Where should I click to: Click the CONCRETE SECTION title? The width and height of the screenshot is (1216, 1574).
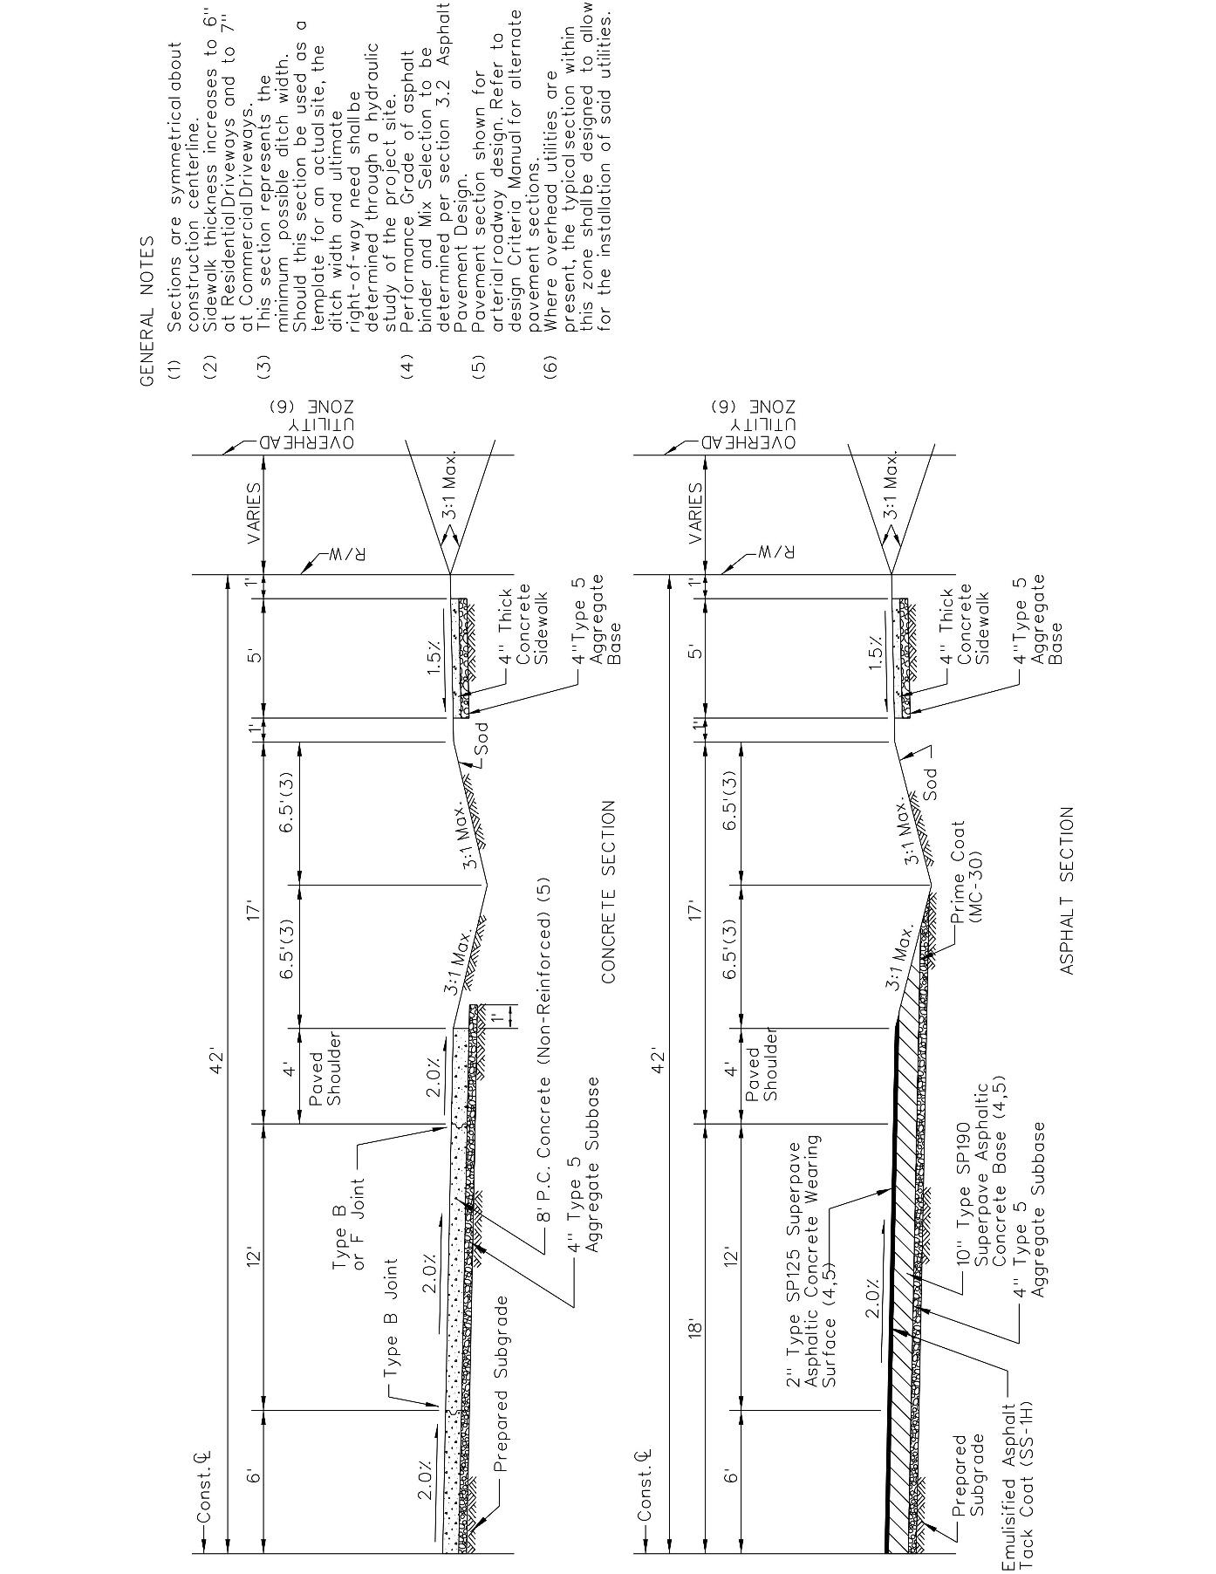609,892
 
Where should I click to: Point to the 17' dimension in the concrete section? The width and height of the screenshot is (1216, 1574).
254,910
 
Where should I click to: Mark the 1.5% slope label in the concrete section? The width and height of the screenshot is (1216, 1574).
434,659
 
